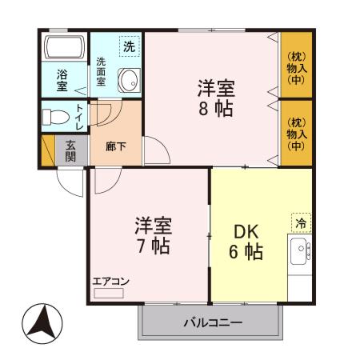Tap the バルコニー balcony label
coord(213,322)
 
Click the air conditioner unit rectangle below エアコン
coord(109,294)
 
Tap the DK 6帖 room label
coord(248,241)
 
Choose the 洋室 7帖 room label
coord(151,234)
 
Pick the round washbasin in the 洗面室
coord(128,79)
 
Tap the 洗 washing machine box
coord(129,46)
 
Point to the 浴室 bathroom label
coord(62,81)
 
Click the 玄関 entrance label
coord(71,150)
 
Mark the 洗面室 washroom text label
coord(102,72)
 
